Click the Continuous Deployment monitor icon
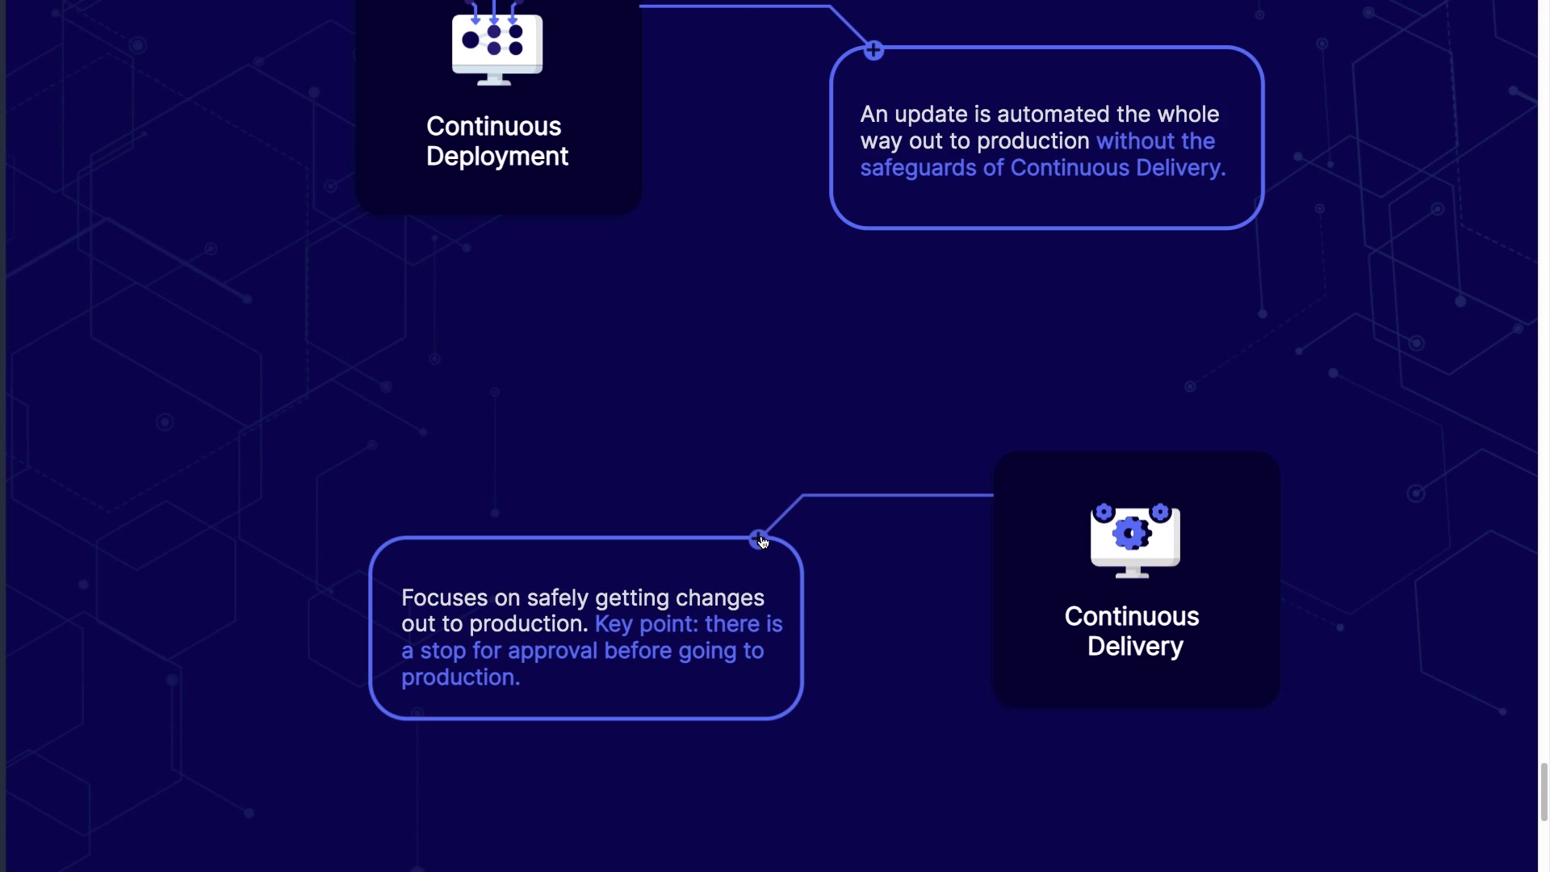[x=497, y=43]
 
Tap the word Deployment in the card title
[x=497, y=157]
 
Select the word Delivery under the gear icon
[x=1135, y=647]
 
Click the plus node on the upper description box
[x=873, y=51]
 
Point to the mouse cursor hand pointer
[x=764, y=543]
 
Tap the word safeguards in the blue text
[x=918, y=168]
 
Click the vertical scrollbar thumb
[x=1544, y=791]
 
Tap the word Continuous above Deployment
[x=494, y=127]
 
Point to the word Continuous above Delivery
[x=1132, y=617]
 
